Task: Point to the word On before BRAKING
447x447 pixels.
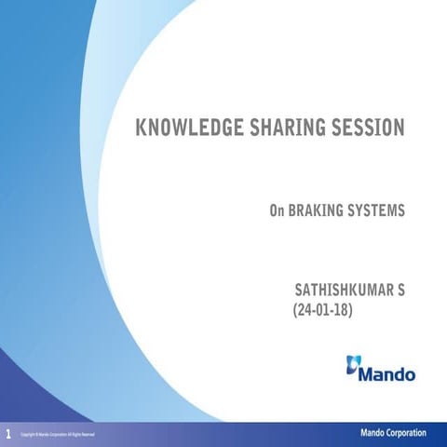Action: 277,211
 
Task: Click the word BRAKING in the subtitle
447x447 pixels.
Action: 317,211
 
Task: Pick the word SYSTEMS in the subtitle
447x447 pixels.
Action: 377,211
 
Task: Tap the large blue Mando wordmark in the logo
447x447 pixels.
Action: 388,374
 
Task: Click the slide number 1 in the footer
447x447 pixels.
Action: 8,434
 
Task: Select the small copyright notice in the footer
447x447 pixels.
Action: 57,435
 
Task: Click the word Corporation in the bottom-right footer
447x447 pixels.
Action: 406,433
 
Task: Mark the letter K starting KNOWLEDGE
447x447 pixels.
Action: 142,128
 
